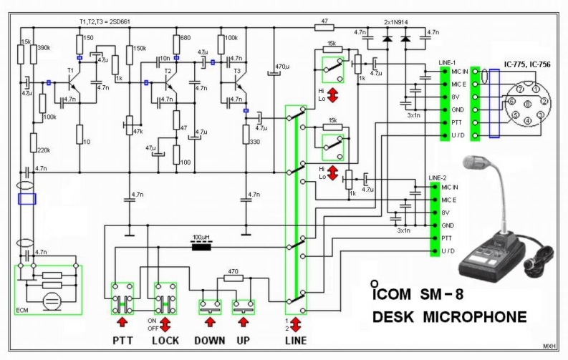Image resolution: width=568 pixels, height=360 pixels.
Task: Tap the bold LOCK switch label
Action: pos(165,340)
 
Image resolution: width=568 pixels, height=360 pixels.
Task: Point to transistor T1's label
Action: pos(70,71)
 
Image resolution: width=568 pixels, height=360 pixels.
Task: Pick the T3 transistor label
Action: pos(237,71)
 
